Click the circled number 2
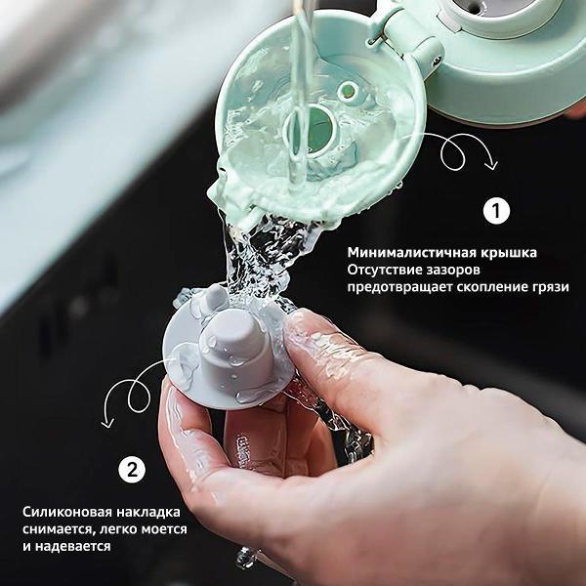point(131,468)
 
